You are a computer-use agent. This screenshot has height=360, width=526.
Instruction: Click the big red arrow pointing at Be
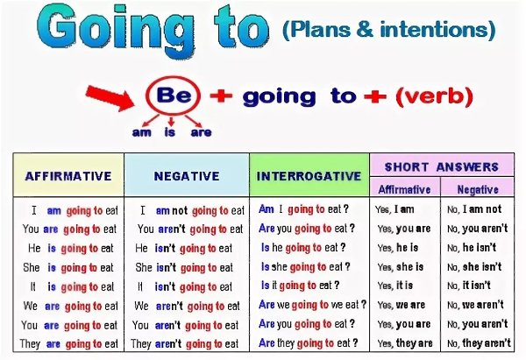pyautogui.click(x=110, y=97)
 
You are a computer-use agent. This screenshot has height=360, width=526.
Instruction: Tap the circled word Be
pyautogui.click(x=174, y=95)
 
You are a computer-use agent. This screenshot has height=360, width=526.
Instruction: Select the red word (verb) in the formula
pyautogui.click(x=435, y=96)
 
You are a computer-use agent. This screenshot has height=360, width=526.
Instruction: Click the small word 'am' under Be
pyautogui.click(x=141, y=132)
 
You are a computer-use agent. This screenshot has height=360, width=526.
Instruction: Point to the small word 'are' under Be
pyautogui.click(x=201, y=132)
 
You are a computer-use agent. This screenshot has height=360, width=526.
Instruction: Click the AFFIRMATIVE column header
pyautogui.click(x=68, y=176)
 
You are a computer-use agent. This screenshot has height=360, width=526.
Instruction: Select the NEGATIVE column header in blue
pyautogui.click(x=187, y=176)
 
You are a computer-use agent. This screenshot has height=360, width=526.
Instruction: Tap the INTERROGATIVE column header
pyautogui.click(x=309, y=176)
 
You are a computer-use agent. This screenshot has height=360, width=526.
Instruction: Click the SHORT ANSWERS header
pyautogui.click(x=442, y=166)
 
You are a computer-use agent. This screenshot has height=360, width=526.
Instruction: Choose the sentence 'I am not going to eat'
pyautogui.click(x=192, y=210)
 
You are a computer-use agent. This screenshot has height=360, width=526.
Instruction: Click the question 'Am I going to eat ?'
pyautogui.click(x=303, y=209)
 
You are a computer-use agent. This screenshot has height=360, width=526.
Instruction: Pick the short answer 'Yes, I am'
pyautogui.click(x=394, y=209)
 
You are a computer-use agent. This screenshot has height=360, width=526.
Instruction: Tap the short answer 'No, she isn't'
pyautogui.click(x=474, y=267)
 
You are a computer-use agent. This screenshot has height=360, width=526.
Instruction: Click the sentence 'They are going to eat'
pyautogui.click(x=68, y=344)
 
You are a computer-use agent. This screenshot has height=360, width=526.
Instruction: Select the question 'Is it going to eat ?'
pyautogui.click(x=300, y=286)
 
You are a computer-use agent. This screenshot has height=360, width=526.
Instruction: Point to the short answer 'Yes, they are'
pyautogui.click(x=405, y=343)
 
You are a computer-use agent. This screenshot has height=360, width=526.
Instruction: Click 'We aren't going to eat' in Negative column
pyautogui.click(x=187, y=306)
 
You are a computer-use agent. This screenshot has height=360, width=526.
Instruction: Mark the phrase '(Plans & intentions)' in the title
pyautogui.click(x=389, y=30)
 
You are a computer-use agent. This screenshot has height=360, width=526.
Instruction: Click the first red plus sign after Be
pyautogui.click(x=221, y=95)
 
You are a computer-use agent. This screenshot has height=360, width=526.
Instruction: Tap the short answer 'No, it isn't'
pyautogui.click(x=469, y=286)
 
